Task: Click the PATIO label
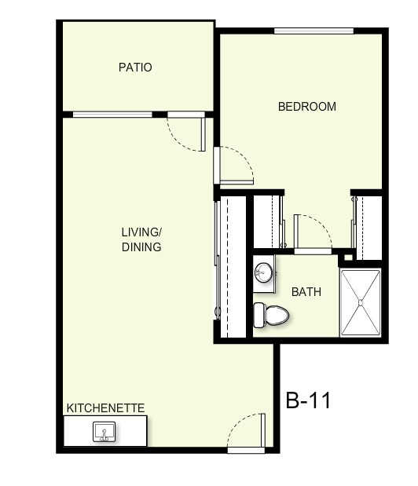click(135, 68)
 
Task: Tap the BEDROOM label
click(307, 107)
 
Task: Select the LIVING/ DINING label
click(141, 239)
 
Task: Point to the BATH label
click(306, 292)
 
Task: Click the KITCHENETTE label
click(105, 408)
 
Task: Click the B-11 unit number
click(308, 400)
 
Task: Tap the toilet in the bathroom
click(271, 315)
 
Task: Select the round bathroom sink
click(263, 273)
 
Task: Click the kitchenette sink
click(104, 431)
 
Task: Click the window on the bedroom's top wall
click(313, 31)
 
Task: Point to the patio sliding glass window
click(112, 115)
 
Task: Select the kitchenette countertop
click(105, 431)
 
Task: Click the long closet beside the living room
click(233, 267)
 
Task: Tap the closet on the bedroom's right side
click(368, 226)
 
